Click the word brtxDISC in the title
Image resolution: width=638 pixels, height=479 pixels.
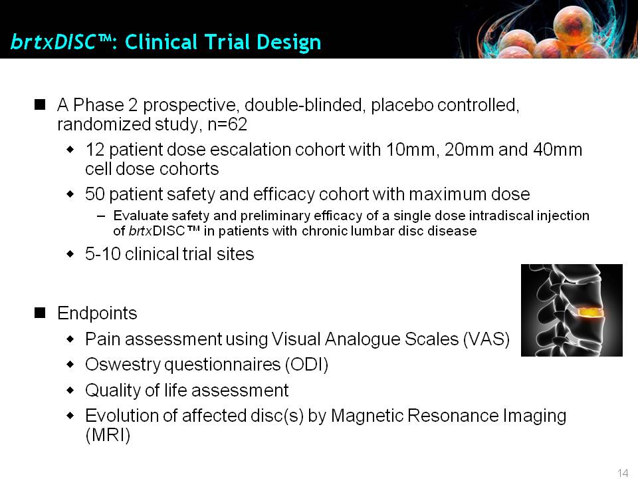coord(54,42)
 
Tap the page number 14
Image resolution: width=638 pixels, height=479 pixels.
coord(623,473)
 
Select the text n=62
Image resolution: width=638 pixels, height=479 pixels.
coord(227,124)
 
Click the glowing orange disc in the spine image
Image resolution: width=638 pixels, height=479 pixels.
coord(588,312)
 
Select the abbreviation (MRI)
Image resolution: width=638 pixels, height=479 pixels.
coord(108,435)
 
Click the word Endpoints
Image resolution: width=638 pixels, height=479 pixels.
coord(97,313)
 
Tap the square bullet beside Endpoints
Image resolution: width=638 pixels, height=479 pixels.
coord(40,313)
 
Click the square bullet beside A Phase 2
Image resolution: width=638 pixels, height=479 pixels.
coord(40,105)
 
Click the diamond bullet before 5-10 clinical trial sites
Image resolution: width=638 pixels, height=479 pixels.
coord(70,254)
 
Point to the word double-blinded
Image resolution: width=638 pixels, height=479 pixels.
coord(303,104)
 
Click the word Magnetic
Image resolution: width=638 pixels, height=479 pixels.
coord(367,415)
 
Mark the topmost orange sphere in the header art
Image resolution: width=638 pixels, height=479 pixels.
coord(572,25)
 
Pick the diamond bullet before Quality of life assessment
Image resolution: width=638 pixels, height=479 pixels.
coord(70,391)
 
